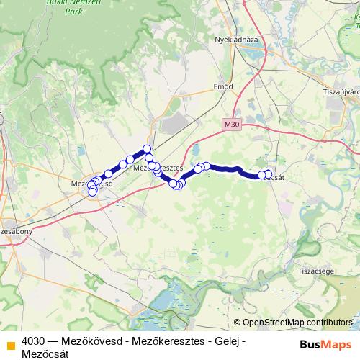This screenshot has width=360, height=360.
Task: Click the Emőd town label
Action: coord(223,86)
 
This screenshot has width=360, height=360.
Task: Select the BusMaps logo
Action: coord(325,343)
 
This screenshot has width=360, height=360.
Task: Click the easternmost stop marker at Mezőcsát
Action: coord(269,174)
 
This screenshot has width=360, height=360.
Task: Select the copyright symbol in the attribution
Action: coord(238,323)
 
